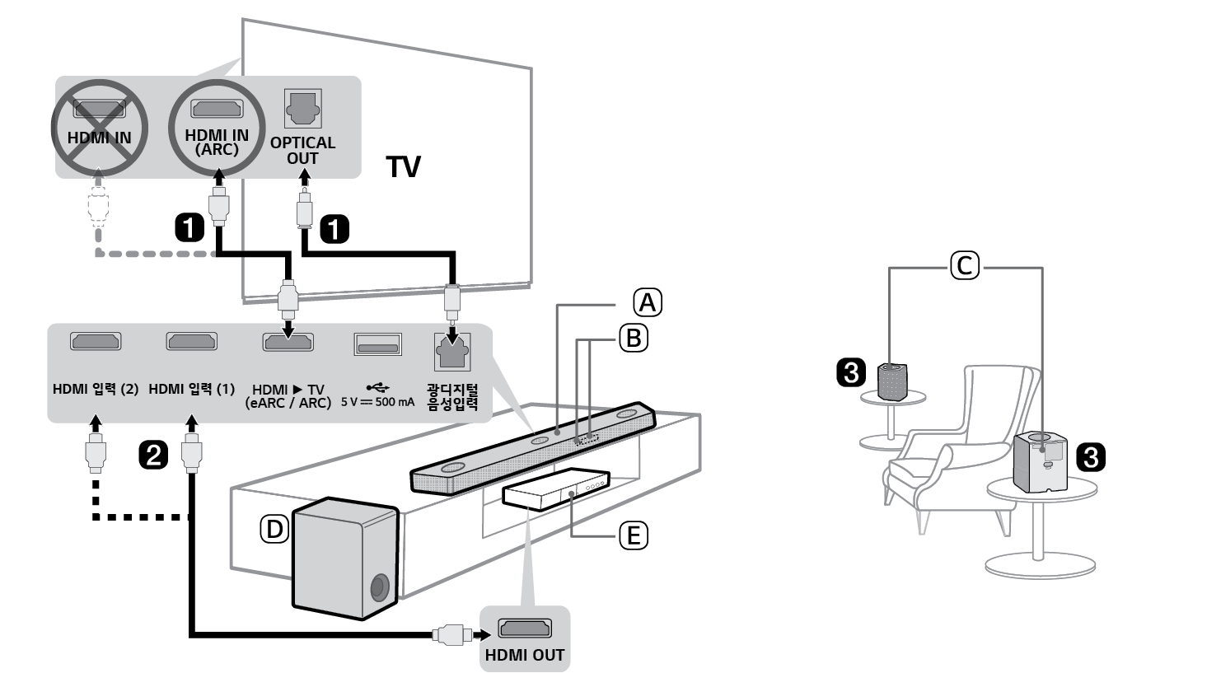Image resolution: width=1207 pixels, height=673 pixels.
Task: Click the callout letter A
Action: click(x=647, y=302)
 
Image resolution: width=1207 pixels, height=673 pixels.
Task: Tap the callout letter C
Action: click(x=965, y=266)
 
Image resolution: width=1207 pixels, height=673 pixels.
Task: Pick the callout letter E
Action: click(x=633, y=536)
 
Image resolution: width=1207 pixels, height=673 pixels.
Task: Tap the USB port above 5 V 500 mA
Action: click(x=377, y=344)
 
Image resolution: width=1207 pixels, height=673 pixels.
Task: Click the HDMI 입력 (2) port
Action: click(x=96, y=341)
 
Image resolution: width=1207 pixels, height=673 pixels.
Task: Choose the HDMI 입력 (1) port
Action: click(x=191, y=341)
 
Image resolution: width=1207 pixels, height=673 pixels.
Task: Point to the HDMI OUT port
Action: click(x=525, y=630)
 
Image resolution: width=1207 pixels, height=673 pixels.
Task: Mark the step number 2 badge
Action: click(x=154, y=454)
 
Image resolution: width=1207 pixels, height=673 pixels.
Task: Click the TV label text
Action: click(x=404, y=168)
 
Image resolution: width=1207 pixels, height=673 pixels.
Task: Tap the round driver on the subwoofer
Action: click(x=379, y=588)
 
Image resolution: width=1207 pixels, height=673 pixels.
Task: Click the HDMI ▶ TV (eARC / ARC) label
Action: click(x=288, y=395)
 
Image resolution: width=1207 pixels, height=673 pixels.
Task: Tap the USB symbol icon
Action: click(x=377, y=386)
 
